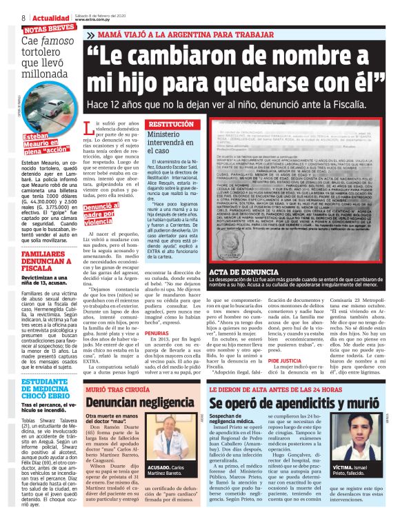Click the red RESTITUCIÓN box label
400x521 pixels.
click(x=157, y=125)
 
